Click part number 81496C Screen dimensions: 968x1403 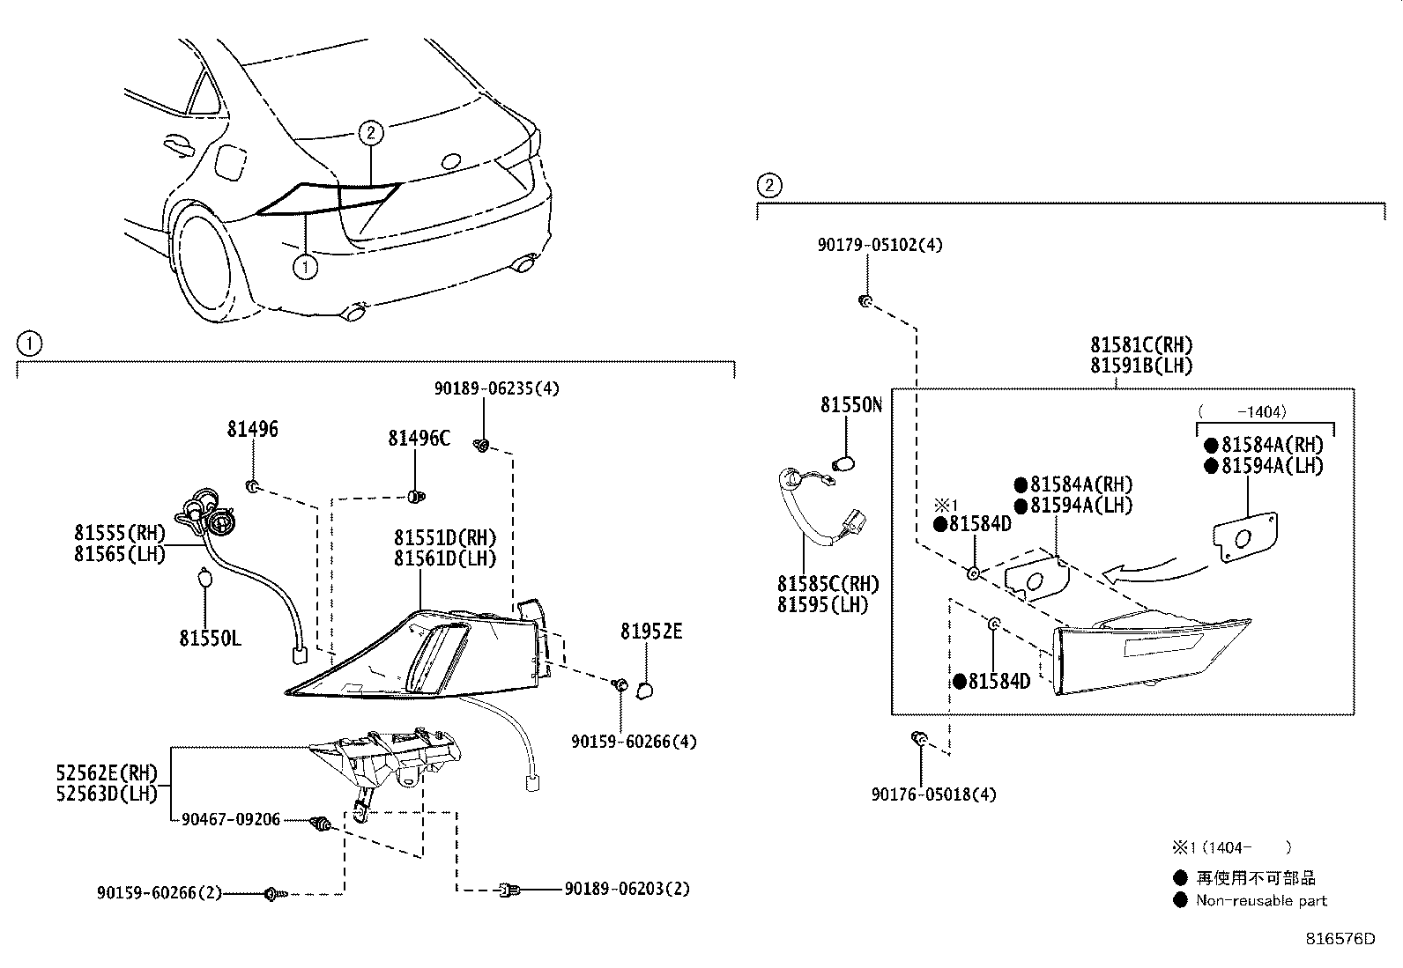pyautogui.click(x=419, y=438)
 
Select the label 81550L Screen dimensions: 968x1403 pyautogui.click(x=210, y=638)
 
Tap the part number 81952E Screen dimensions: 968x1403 pyautogui.click(x=650, y=632)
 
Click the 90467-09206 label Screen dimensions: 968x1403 pyautogui.click(x=231, y=819)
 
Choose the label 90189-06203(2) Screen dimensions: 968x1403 pyautogui.click(x=627, y=889)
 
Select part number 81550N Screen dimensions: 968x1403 pyautogui.click(x=850, y=404)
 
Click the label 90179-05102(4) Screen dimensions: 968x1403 pyautogui.click(x=879, y=245)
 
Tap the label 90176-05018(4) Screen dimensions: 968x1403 pyautogui.click(x=934, y=794)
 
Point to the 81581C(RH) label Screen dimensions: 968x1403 pyautogui.click(x=1141, y=344)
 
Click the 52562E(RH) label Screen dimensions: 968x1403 pyautogui.click(x=106, y=773)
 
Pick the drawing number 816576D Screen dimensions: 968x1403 pyautogui.click(x=1340, y=938)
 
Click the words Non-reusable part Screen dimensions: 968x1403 pyautogui.click(x=1261, y=900)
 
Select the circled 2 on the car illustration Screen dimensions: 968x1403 pyautogui.click(x=371, y=133)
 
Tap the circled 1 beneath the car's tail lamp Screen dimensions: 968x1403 pyautogui.click(x=305, y=266)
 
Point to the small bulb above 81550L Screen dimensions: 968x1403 pyautogui.click(x=204, y=579)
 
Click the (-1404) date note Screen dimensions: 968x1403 pyautogui.click(x=1242, y=411)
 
